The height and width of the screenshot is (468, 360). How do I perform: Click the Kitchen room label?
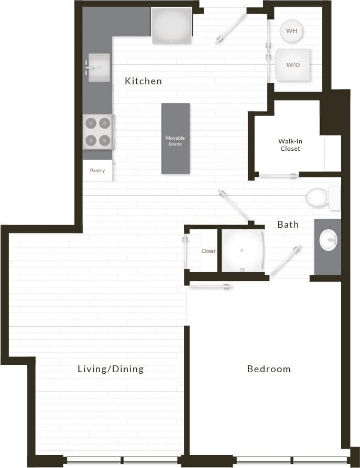pyautogui.click(x=143, y=81)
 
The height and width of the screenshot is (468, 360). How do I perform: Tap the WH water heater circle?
pyautogui.click(x=291, y=31)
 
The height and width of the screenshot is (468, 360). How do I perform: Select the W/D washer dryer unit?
pyautogui.click(x=292, y=65)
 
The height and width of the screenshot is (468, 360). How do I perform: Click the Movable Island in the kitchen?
pyautogui.click(x=176, y=139)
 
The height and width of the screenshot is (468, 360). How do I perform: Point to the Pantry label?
pyautogui.click(x=97, y=171)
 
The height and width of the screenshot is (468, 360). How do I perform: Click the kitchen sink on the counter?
pyautogui.click(x=99, y=68)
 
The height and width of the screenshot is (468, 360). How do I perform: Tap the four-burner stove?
pyautogui.click(x=98, y=131)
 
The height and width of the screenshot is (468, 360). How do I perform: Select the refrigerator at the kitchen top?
pyautogui.click(x=171, y=25)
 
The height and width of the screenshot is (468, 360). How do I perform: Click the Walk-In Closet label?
pyautogui.click(x=290, y=145)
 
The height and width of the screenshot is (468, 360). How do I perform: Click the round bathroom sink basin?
pyautogui.click(x=329, y=240)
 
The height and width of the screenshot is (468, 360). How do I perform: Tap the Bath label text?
pyautogui.click(x=288, y=225)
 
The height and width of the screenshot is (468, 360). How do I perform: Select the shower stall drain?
pyautogui.click(x=242, y=251)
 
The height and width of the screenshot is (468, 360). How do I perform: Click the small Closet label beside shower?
pyautogui.click(x=209, y=251)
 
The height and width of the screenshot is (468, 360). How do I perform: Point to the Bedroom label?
pyautogui.click(x=269, y=369)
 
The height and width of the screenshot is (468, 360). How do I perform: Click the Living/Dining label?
pyautogui.click(x=111, y=369)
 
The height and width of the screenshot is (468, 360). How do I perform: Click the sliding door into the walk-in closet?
pyautogui.click(x=278, y=176)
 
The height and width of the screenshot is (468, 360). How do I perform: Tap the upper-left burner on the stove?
pyautogui.click(x=91, y=123)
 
